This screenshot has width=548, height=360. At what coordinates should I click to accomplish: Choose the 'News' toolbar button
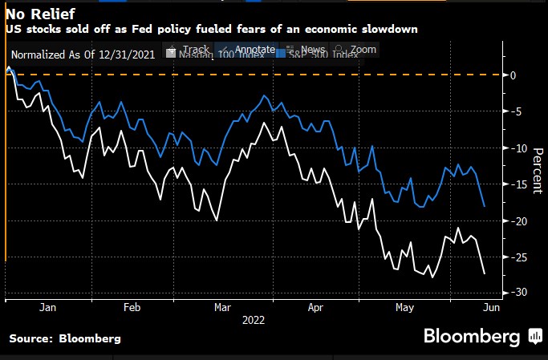(x=306, y=50)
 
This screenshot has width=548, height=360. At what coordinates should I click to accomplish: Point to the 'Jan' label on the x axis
(x=47, y=308)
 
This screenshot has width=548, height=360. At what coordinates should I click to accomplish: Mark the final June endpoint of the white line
(x=484, y=273)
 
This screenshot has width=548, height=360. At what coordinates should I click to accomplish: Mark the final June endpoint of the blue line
(x=484, y=206)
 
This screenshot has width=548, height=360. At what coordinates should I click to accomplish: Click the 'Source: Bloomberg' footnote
(x=65, y=339)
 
